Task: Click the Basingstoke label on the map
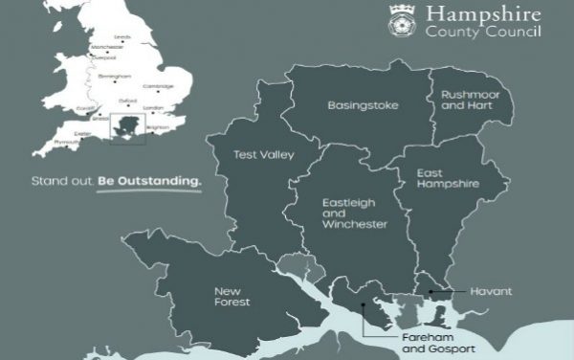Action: pyautogui.click(x=363, y=104)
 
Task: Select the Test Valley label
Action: pyautogui.click(x=265, y=154)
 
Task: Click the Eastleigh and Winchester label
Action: pyautogui.click(x=355, y=214)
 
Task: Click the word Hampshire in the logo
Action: pyautogui.click(x=484, y=15)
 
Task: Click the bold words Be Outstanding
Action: pyautogui.click(x=150, y=179)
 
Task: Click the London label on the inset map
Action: pyautogui.click(x=148, y=109)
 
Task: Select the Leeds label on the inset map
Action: pyautogui.click(x=122, y=37)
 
